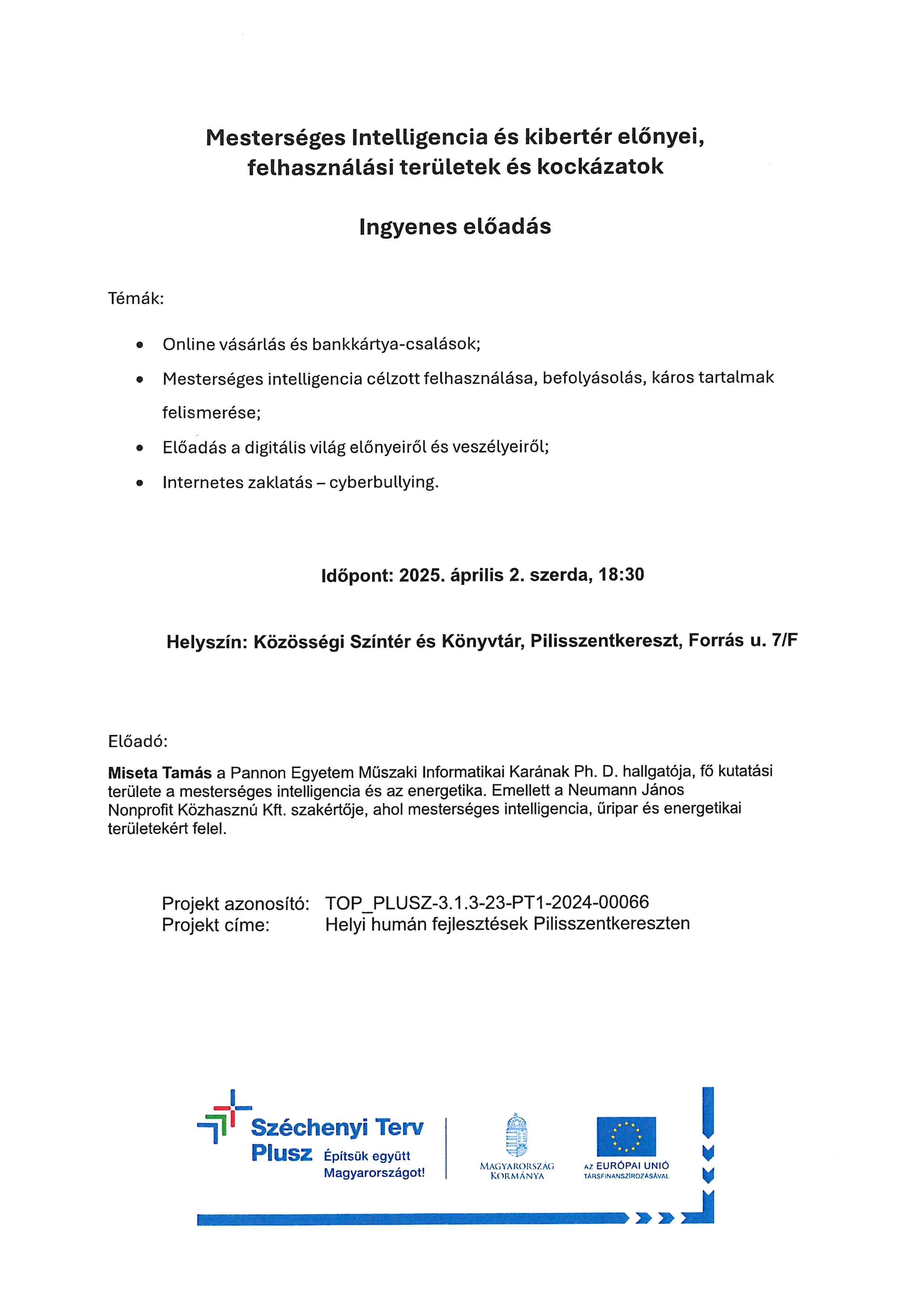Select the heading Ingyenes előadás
click(455, 227)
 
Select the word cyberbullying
click(384, 483)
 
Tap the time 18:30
click(621, 575)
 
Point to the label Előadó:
click(138, 742)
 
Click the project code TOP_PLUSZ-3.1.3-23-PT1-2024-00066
click(487, 902)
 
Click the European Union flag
click(626, 1137)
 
